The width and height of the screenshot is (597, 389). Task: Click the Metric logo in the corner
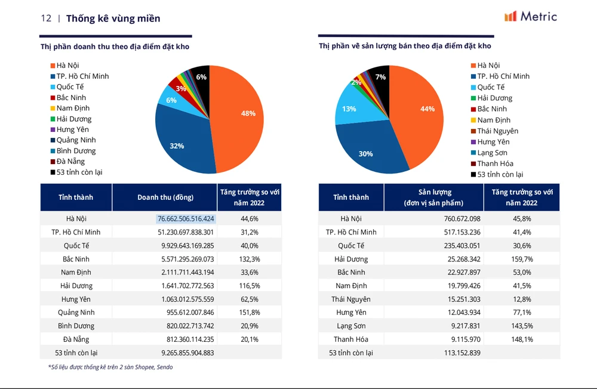(530, 17)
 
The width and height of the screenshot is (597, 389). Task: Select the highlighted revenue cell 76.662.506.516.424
(186, 219)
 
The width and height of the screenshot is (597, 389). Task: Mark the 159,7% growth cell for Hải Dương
(522, 259)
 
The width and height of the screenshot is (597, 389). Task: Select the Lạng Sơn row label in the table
(351, 326)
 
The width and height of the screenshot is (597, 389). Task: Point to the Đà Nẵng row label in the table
(76, 339)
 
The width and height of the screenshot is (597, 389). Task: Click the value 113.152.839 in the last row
(459, 353)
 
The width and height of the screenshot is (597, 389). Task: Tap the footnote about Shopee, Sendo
(110, 367)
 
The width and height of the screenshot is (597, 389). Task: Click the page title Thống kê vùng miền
(113, 18)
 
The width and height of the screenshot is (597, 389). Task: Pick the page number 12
(46, 18)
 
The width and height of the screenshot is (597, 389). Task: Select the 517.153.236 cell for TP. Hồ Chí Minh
(459, 232)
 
